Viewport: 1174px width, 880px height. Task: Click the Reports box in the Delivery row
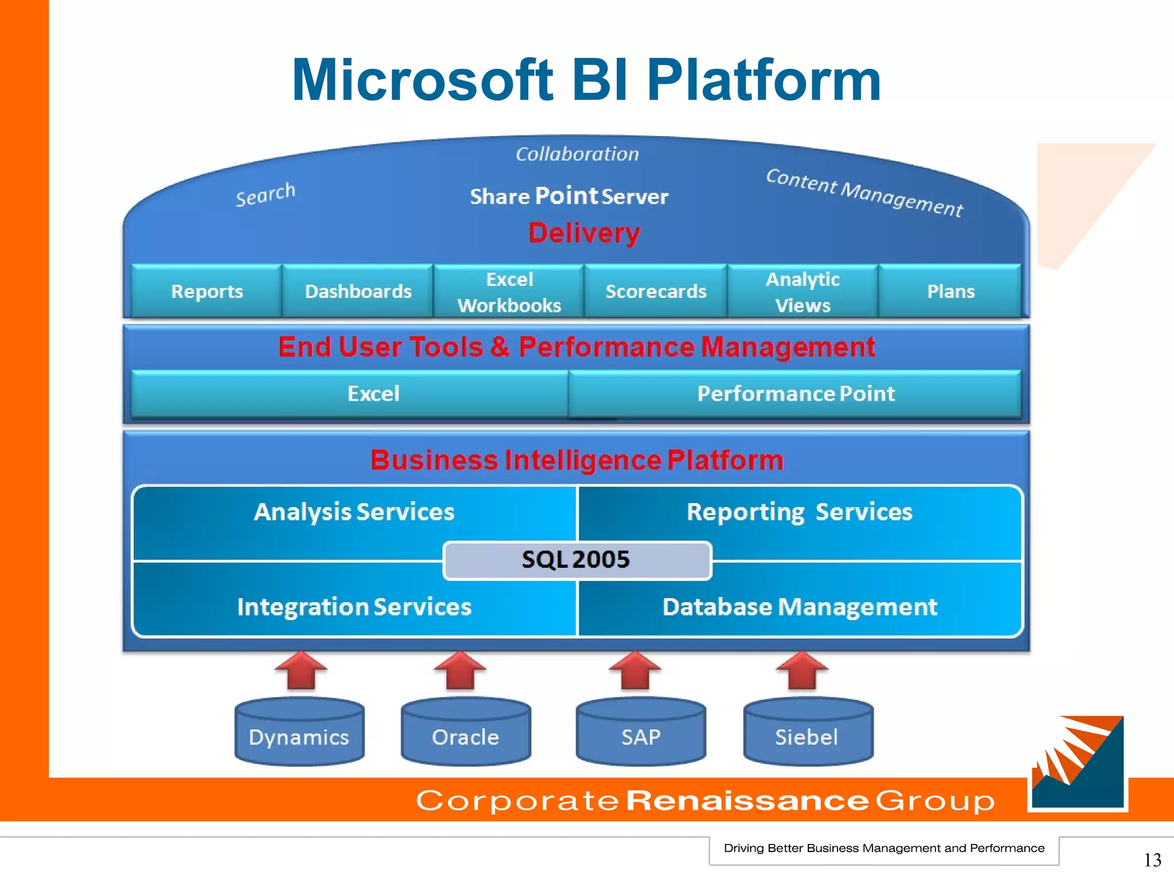(207, 291)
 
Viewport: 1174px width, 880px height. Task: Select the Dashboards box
(358, 291)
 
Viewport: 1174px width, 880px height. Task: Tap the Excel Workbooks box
(509, 292)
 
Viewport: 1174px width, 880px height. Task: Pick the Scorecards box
(656, 291)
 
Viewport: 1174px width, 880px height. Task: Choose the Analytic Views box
(803, 292)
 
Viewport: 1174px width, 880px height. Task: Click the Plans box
(950, 291)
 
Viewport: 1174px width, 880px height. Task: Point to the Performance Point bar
(795, 394)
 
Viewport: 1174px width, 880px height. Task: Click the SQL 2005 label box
(577, 560)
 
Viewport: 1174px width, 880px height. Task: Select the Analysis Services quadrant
(354, 512)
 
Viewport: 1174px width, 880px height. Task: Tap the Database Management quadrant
(800, 607)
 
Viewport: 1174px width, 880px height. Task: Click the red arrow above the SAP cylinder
(635, 670)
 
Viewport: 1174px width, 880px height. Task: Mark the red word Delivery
(584, 233)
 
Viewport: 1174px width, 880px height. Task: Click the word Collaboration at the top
(577, 154)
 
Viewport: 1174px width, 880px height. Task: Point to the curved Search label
(265, 195)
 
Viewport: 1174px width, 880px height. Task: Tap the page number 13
(1152, 859)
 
